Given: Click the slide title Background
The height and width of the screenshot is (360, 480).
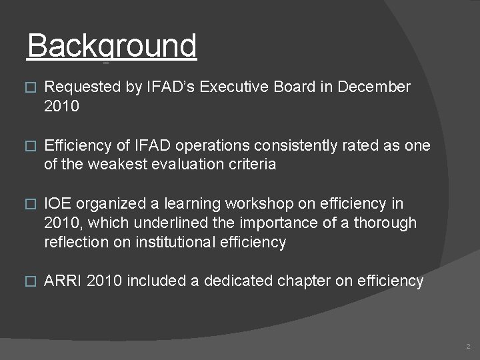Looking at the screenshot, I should (112, 47).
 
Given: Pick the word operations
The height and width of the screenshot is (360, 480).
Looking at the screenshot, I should (213, 145).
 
